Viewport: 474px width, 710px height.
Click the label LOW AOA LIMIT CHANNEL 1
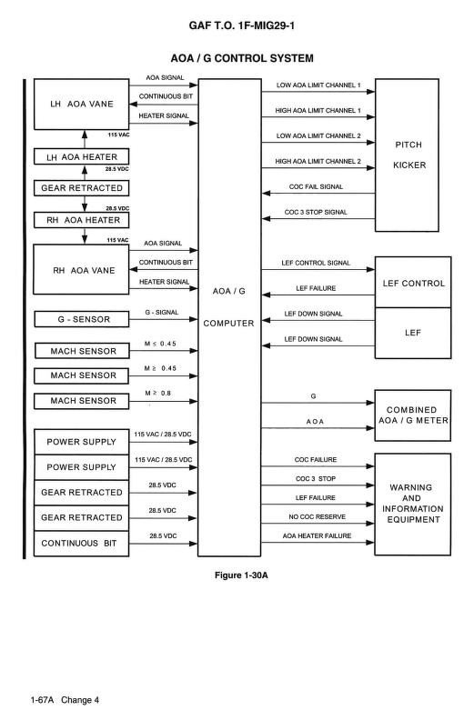click(318, 85)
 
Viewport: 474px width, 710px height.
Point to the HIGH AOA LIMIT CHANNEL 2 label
click(318, 161)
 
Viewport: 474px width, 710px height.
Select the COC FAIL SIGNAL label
click(317, 186)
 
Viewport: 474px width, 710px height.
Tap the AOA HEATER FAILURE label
click(317, 536)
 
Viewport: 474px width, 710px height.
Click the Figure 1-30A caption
click(237, 575)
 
